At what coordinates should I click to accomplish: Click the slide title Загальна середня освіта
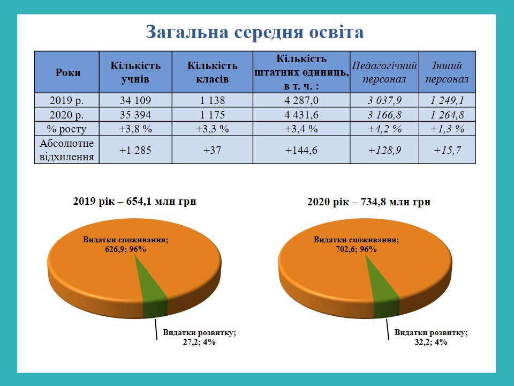click(255, 32)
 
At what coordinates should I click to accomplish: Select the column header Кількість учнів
click(135, 72)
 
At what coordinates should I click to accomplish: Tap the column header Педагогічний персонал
click(384, 72)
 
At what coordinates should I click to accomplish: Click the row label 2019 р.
click(66, 100)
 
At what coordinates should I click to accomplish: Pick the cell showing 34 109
click(135, 100)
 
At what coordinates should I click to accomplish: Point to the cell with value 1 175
click(212, 115)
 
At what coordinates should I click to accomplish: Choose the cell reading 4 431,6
click(301, 115)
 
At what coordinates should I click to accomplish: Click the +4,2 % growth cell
click(384, 129)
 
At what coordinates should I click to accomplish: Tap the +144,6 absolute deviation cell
click(301, 150)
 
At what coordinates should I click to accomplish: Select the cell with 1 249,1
click(447, 100)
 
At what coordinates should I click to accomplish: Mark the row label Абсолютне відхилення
click(66, 150)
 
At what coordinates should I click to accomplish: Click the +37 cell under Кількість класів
click(212, 150)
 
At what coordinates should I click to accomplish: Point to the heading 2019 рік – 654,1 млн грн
click(134, 201)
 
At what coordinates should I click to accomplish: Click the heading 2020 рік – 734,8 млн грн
click(369, 202)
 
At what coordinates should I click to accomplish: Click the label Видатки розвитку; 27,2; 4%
click(199, 337)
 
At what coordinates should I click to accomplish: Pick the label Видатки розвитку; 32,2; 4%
click(430, 337)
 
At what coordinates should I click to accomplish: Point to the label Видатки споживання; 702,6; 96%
click(357, 244)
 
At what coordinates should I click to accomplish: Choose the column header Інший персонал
click(447, 72)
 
